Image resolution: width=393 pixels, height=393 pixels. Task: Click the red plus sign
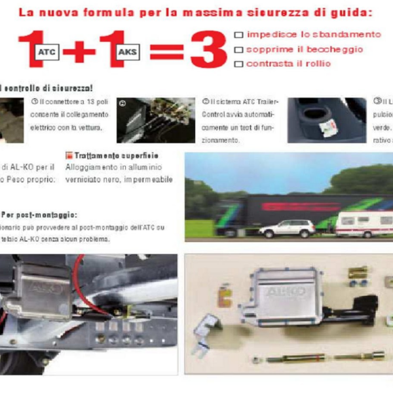[79, 51]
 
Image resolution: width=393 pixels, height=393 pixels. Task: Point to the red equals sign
[166, 51]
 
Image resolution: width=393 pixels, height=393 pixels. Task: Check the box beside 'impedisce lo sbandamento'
[238, 35]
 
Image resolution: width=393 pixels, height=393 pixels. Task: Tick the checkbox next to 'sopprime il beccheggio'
[238, 49]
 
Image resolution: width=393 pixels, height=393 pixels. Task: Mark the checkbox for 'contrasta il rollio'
[238, 64]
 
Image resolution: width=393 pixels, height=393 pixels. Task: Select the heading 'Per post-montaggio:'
[39, 215]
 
